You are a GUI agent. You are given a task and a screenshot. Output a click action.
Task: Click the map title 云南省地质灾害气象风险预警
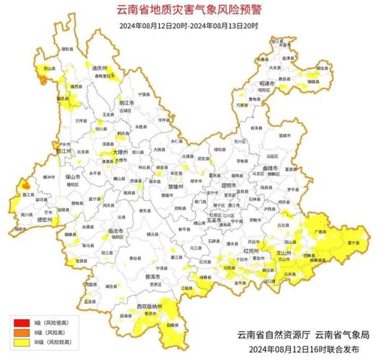pyautogui.click(x=188, y=10)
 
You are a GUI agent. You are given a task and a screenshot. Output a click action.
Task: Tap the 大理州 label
pyautogui.click(x=120, y=153)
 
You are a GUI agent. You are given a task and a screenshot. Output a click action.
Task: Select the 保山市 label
pyautogui.click(x=72, y=175)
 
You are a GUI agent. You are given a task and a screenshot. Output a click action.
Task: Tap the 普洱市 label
pyautogui.click(x=152, y=276)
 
